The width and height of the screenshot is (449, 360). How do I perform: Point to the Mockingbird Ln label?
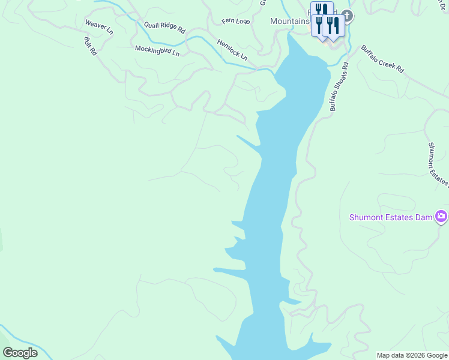click(157, 50)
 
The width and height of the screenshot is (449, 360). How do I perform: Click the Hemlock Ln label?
click(232, 50)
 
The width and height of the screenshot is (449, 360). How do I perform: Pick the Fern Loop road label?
click(235, 22)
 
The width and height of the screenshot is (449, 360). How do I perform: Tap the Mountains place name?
click(289, 21)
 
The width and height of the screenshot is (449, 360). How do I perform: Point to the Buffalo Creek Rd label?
click(382, 59)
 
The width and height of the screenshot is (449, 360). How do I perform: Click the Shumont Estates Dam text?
click(391, 217)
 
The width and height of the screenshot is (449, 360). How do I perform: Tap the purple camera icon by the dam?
click(441, 216)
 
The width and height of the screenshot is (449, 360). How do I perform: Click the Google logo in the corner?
click(20, 353)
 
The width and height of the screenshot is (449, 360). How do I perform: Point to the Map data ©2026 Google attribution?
click(412, 355)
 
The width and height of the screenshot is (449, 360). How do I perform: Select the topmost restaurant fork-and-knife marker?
click(322, 10)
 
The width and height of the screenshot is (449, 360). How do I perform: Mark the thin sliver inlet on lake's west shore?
click(249, 142)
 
